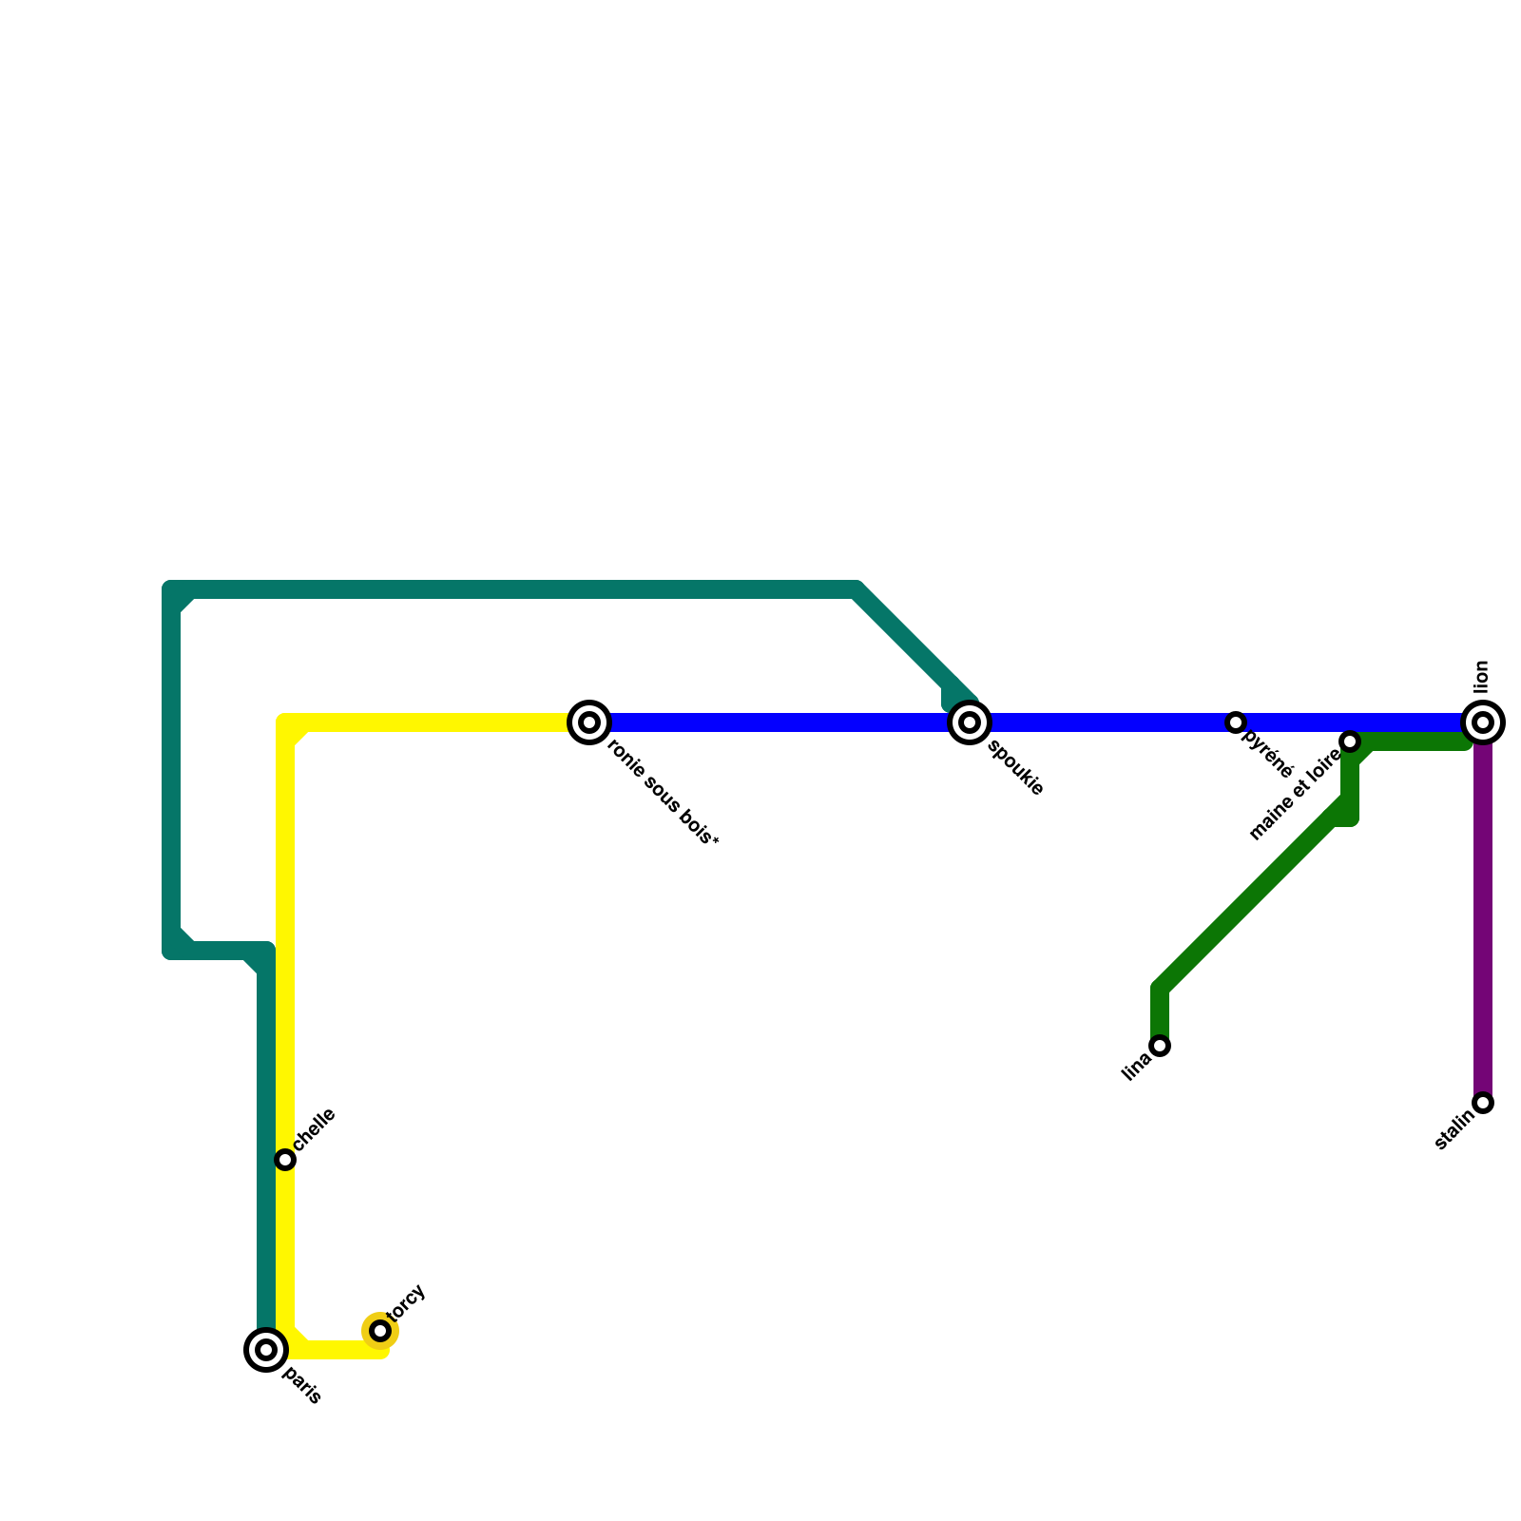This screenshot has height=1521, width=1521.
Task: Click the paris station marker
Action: tap(266, 1350)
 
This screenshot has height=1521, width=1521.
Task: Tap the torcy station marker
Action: tap(380, 1331)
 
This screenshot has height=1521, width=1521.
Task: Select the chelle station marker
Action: tap(285, 1160)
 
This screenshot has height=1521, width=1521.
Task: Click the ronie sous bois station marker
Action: tap(589, 722)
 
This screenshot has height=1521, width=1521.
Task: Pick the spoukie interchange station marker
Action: tap(970, 722)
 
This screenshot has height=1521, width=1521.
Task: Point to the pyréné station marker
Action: tap(1236, 722)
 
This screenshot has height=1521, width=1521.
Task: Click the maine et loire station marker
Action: tap(1350, 741)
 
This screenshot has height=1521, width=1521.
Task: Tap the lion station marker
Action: tap(1483, 722)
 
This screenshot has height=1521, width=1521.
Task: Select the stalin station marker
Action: tap(1483, 1103)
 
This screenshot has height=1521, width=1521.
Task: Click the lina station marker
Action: tap(1160, 1046)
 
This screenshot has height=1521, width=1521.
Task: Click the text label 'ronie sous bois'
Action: tap(663, 794)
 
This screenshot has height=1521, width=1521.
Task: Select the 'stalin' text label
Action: tap(1454, 1129)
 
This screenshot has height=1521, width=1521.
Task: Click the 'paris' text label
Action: tap(302, 1386)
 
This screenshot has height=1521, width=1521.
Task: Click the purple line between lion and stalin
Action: tap(1483, 913)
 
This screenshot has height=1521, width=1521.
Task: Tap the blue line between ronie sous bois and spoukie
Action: tap(780, 722)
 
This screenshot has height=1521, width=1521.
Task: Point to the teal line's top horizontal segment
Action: tap(513, 589)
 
